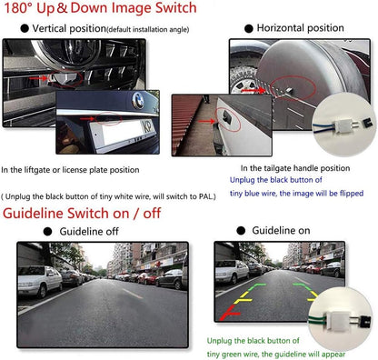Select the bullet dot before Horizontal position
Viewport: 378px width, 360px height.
point(246,29)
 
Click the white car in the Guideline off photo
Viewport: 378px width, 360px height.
point(38,283)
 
